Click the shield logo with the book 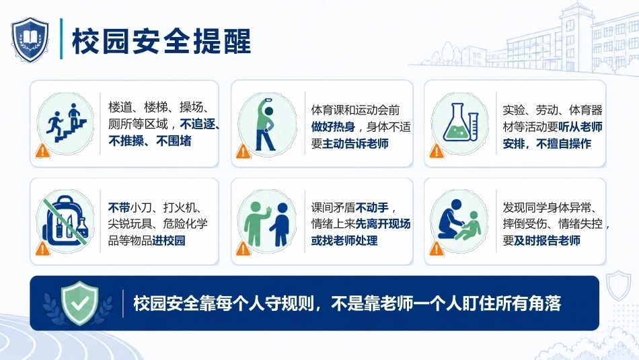30,40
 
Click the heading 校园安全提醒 161,41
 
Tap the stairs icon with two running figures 66,123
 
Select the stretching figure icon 267,124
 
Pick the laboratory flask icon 460,123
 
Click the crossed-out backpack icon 65,222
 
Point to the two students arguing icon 267,222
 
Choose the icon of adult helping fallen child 459,221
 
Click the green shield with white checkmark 79,303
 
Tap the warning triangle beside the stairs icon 43,151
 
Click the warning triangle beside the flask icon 437,151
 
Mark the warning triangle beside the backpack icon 43,248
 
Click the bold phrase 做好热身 334,127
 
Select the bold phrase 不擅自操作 564,143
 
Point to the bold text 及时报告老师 547,240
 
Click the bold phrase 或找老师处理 344,240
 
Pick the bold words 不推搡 126,141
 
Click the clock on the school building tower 570,24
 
